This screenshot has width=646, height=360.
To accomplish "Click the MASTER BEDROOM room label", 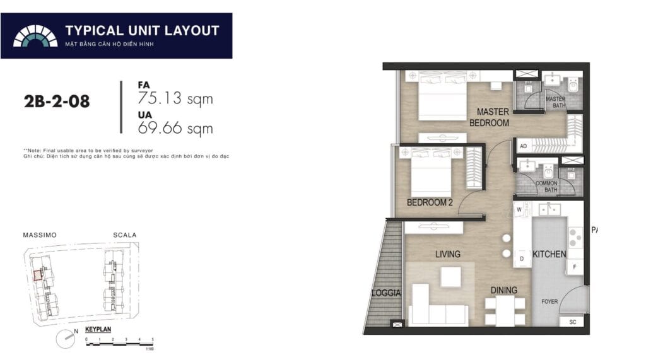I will [x=493, y=117].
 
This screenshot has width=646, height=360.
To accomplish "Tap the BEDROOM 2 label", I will [x=430, y=202].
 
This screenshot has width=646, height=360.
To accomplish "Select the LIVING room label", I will [x=447, y=254].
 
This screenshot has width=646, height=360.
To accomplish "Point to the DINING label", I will [x=504, y=291].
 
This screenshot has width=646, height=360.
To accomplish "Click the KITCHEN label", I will [x=549, y=254].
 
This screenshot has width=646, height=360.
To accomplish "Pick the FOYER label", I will [x=549, y=301].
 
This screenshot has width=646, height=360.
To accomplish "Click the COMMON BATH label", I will [x=546, y=187].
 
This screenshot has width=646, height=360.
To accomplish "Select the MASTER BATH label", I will [x=555, y=103].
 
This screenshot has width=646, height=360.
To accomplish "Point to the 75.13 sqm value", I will [x=175, y=98].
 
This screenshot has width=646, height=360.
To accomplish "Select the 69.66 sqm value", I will [x=175, y=129].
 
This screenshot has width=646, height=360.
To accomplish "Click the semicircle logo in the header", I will [x=35, y=36].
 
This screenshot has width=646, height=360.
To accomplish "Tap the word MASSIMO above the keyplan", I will [x=40, y=235].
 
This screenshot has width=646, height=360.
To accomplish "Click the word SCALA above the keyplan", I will [x=124, y=235].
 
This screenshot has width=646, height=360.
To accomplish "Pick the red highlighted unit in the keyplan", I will [x=38, y=275].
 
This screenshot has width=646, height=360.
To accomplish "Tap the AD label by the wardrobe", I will [x=523, y=146].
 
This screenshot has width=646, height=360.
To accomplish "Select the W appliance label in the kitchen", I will [x=519, y=209].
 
